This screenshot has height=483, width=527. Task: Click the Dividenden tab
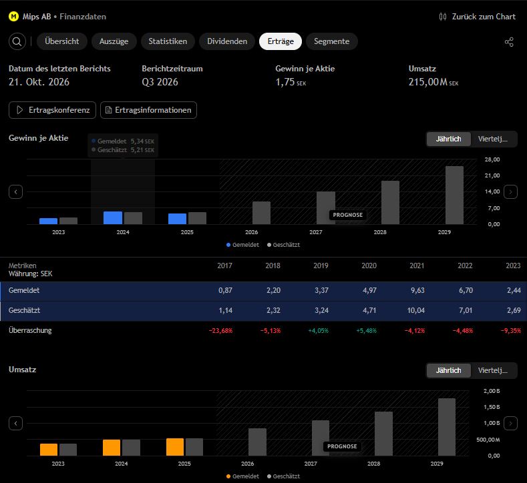click(x=227, y=41)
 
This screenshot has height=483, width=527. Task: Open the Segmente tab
click(x=332, y=41)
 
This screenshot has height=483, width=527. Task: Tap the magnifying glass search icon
click(x=17, y=41)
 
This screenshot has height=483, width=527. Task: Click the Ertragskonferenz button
click(x=52, y=110)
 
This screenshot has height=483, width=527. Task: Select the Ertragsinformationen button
click(x=148, y=110)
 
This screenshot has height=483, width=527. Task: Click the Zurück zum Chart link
click(x=478, y=17)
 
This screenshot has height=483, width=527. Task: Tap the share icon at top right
click(x=509, y=42)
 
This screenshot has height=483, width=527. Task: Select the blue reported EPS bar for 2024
click(x=113, y=218)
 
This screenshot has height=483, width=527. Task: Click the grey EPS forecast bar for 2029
click(x=454, y=195)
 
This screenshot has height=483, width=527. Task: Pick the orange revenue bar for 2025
click(x=175, y=447)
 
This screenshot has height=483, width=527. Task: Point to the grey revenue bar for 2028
click(x=383, y=434)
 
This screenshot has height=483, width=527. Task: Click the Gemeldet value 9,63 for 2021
click(x=417, y=290)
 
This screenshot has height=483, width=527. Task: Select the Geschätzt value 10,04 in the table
click(x=415, y=310)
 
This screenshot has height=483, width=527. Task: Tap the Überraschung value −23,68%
click(x=220, y=331)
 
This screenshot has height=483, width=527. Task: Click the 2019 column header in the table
click(x=321, y=266)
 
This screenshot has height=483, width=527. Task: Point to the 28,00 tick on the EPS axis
click(x=492, y=159)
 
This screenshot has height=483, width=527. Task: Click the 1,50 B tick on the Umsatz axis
click(x=492, y=407)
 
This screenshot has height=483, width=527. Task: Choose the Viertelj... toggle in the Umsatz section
click(x=493, y=370)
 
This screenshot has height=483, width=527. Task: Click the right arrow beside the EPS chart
click(x=510, y=192)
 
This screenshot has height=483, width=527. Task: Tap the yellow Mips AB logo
click(x=14, y=17)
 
